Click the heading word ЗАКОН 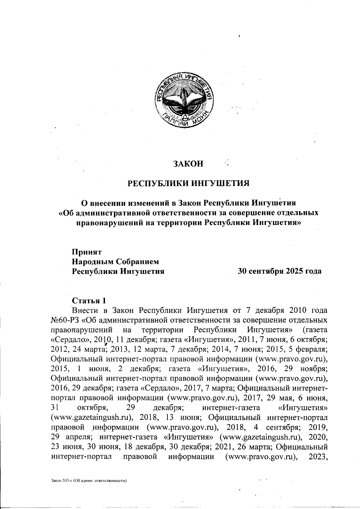[x=188, y=164]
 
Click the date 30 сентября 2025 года [x=279, y=271]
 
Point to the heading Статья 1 [x=89, y=300]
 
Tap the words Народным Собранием [x=115, y=262]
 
